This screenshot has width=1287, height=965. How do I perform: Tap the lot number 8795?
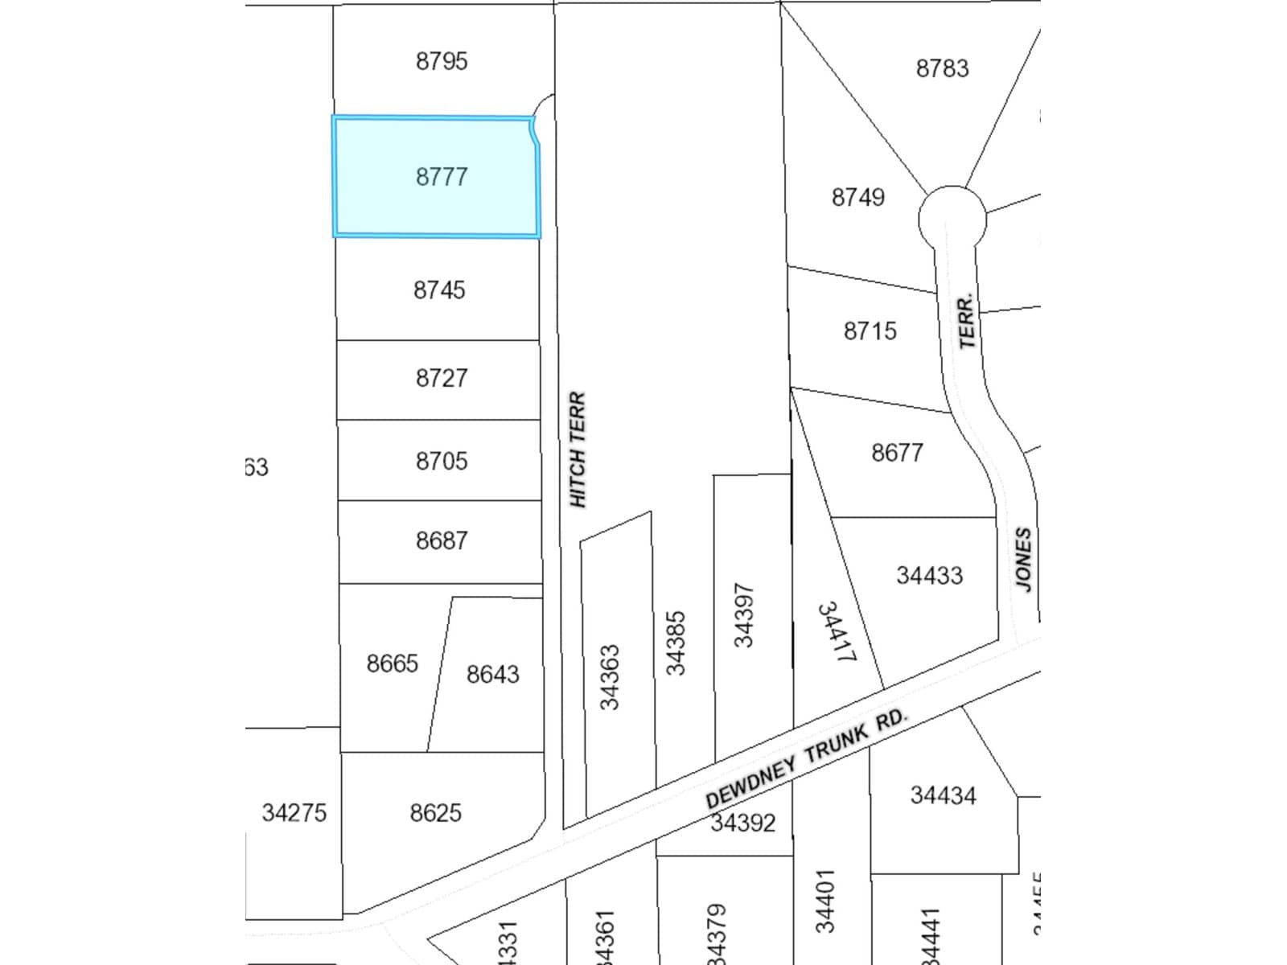(442, 61)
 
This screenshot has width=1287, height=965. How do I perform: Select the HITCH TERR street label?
(578, 450)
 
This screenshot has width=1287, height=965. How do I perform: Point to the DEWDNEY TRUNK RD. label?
(806, 758)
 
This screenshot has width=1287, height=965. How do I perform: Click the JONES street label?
(1022, 560)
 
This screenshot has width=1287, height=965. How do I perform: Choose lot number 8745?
(439, 289)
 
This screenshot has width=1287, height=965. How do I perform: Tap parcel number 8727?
(442, 378)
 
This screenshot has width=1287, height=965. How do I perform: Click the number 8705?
(442, 461)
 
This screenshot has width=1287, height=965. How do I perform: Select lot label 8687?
(442, 540)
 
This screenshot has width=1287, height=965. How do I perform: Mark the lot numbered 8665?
(392, 663)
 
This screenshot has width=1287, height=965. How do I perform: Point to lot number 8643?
(492, 674)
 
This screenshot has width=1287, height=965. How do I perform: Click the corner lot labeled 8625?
(435, 813)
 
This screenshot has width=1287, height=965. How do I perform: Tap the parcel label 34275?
(294, 813)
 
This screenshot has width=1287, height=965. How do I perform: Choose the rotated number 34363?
(610, 677)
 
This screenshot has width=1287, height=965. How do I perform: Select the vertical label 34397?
(743, 615)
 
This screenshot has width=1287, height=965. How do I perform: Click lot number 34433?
(929, 576)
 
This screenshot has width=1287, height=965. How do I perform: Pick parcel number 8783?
(942, 68)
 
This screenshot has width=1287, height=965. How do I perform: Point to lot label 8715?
(870, 331)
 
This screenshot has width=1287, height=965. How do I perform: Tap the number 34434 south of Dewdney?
(943, 795)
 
